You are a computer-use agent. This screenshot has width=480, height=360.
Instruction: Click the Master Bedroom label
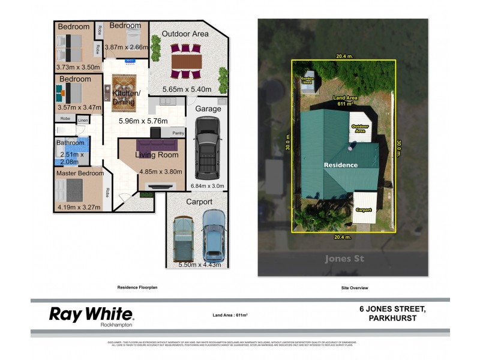click(x=80, y=173)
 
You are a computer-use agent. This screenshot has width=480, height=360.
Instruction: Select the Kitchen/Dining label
click(x=126, y=98)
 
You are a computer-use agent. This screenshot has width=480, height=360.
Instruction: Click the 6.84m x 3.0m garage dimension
click(x=207, y=186)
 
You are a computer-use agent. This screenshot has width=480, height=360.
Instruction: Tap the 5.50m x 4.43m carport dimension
click(x=200, y=265)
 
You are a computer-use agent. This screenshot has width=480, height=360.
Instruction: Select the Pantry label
click(x=178, y=133)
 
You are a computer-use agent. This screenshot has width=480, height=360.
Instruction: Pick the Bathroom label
click(x=70, y=143)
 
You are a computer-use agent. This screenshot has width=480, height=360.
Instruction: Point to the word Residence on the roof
click(x=341, y=165)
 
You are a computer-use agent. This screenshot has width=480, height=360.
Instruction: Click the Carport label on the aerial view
click(x=364, y=210)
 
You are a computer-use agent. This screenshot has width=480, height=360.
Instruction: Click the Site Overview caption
click(x=354, y=288)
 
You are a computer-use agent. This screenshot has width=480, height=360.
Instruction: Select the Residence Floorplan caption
click(x=137, y=288)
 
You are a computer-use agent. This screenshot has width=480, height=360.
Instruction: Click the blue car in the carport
click(x=214, y=233)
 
